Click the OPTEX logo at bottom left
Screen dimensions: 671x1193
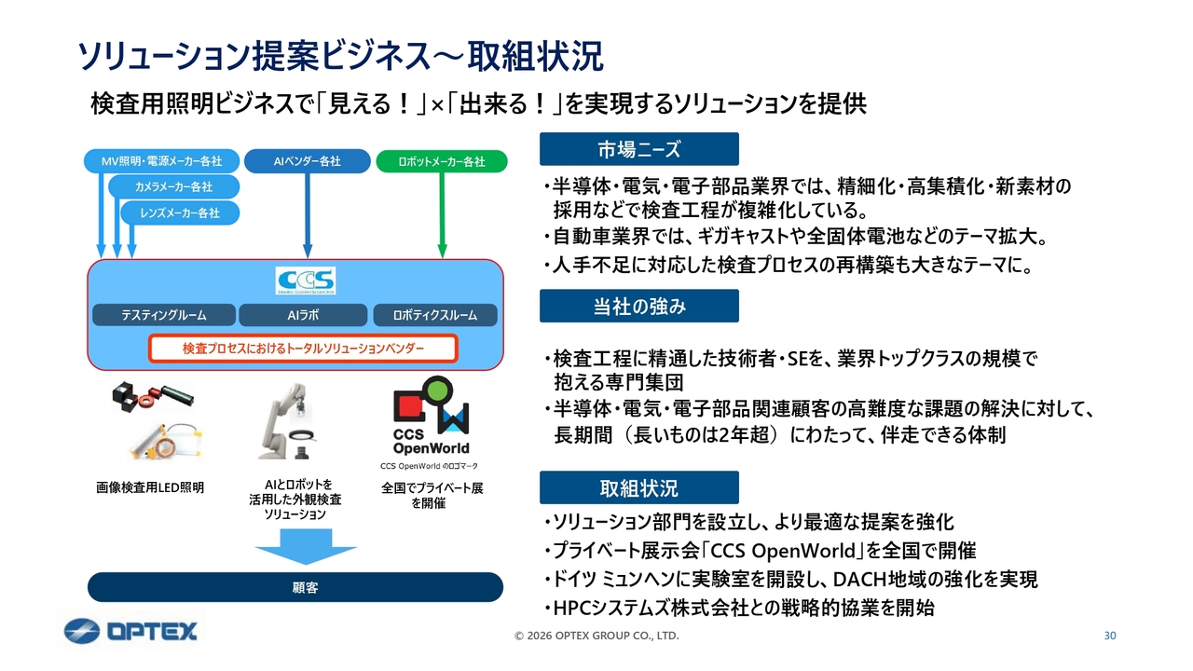(130, 631)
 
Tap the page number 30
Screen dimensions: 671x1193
(1109, 636)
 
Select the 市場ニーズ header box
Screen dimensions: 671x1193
(638, 149)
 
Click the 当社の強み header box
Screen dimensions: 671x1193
(638, 306)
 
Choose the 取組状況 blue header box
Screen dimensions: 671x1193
(638, 487)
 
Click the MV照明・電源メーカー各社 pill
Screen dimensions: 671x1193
(161, 161)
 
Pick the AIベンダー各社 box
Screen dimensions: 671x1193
(307, 161)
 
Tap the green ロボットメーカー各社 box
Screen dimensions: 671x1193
(441, 161)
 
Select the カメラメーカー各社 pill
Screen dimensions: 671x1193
(173, 187)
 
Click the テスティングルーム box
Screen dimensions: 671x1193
(163, 315)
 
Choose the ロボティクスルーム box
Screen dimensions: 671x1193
(434, 315)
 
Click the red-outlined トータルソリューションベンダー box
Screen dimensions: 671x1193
(303, 349)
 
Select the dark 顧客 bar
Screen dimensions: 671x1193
(295, 587)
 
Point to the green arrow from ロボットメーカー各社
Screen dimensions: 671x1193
(442, 214)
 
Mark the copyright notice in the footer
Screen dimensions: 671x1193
(596, 636)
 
